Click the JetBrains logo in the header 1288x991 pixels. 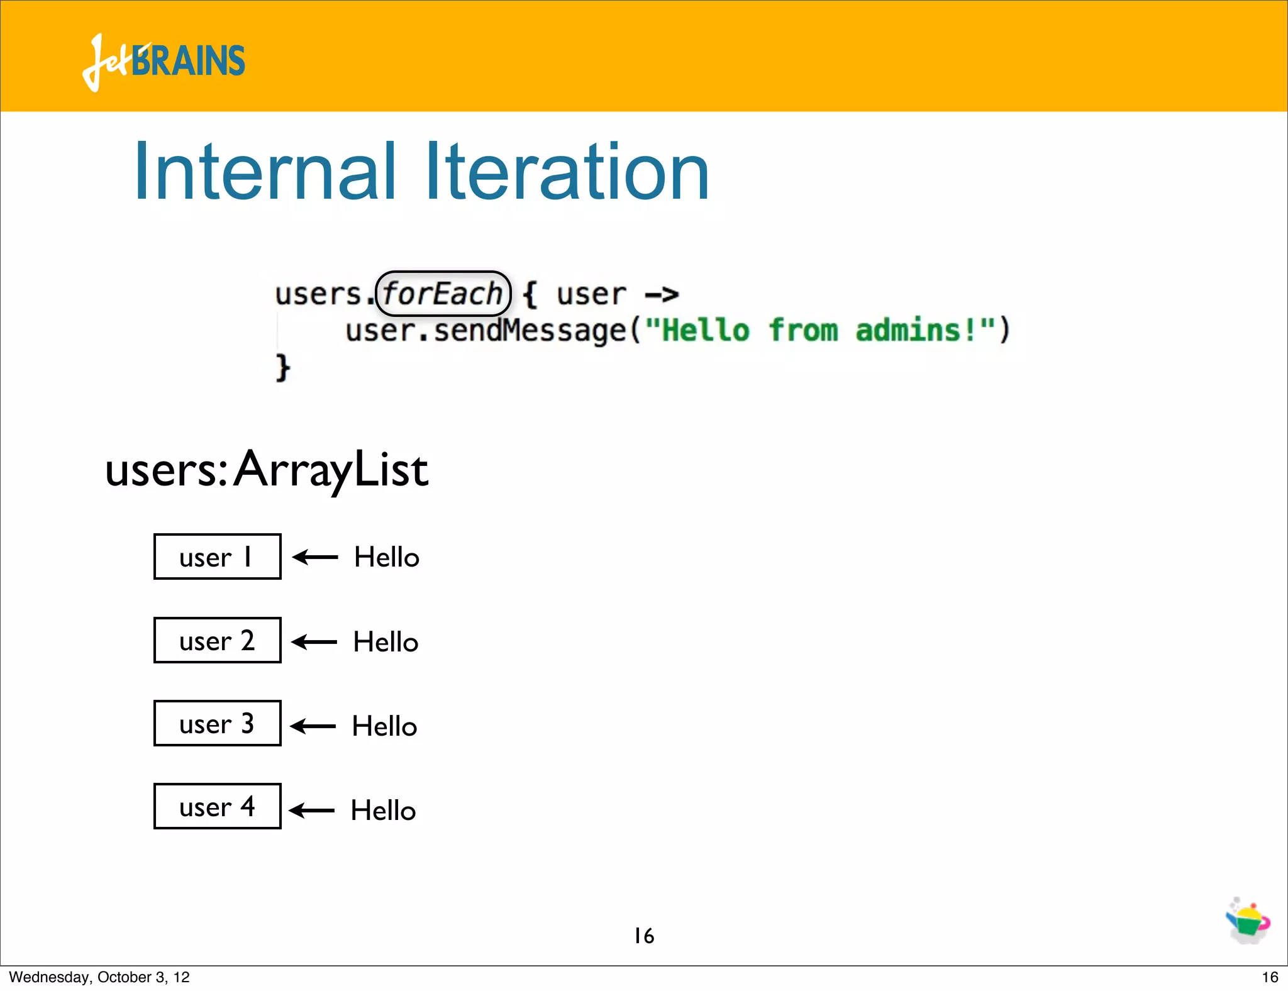click(x=164, y=62)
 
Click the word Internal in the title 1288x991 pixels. click(x=265, y=172)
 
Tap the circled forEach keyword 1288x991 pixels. click(x=443, y=294)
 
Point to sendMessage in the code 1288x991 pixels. click(x=530, y=331)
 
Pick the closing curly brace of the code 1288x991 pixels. click(x=282, y=367)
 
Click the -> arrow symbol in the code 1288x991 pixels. click(x=662, y=294)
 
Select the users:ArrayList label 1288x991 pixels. click(x=267, y=470)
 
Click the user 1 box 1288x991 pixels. click(x=217, y=556)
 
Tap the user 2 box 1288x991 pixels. click(x=217, y=640)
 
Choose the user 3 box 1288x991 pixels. click(x=217, y=723)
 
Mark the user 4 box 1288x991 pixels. click(x=217, y=806)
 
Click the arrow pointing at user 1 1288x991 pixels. click(x=315, y=557)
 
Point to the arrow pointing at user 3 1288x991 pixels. click(x=313, y=726)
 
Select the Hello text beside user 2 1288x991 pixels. click(x=386, y=642)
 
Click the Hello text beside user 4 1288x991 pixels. click(x=383, y=811)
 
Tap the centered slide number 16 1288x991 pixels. click(x=644, y=936)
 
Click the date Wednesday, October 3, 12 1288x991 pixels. click(x=99, y=977)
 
